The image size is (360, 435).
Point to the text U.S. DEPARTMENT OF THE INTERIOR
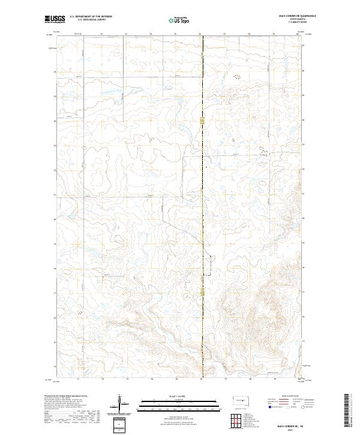point(91,17)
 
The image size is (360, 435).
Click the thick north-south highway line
point(202,180)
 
